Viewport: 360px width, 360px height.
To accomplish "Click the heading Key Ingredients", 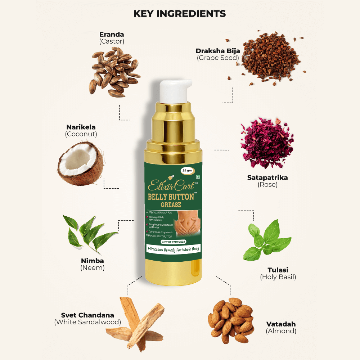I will point(180,14).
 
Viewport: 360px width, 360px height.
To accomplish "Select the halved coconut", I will point(80,163).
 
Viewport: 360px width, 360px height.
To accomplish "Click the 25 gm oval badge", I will point(187,170).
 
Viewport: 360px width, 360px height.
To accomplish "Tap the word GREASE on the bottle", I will point(171,205).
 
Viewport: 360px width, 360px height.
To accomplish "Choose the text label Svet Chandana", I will point(87,315).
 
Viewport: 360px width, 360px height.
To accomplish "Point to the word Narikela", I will point(81,127).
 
